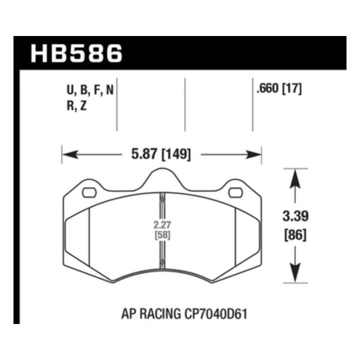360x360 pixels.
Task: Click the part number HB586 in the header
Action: point(77,53)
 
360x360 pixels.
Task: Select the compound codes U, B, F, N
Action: point(90,92)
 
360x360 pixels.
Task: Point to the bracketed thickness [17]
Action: point(291,88)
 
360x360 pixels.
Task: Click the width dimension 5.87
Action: point(139,154)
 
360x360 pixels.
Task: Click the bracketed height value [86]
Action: point(295,235)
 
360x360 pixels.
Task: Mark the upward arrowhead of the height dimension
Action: point(295,177)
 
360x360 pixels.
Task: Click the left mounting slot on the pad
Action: point(89,193)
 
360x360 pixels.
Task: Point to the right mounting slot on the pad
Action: point(235,193)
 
